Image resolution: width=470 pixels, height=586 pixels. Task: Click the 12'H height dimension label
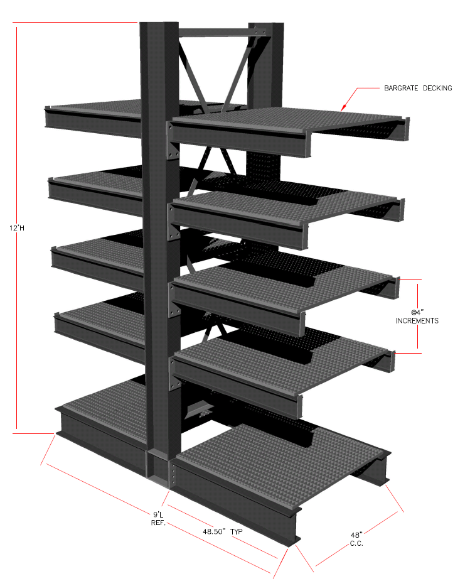point(17,227)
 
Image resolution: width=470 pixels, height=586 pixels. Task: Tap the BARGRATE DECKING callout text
point(418,88)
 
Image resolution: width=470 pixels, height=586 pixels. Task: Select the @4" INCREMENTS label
point(417,317)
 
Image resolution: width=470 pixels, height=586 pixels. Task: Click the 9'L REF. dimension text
point(158,519)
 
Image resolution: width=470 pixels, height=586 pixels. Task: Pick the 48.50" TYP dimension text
point(223,531)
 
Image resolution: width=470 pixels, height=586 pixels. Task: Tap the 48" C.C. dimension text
point(356,539)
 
